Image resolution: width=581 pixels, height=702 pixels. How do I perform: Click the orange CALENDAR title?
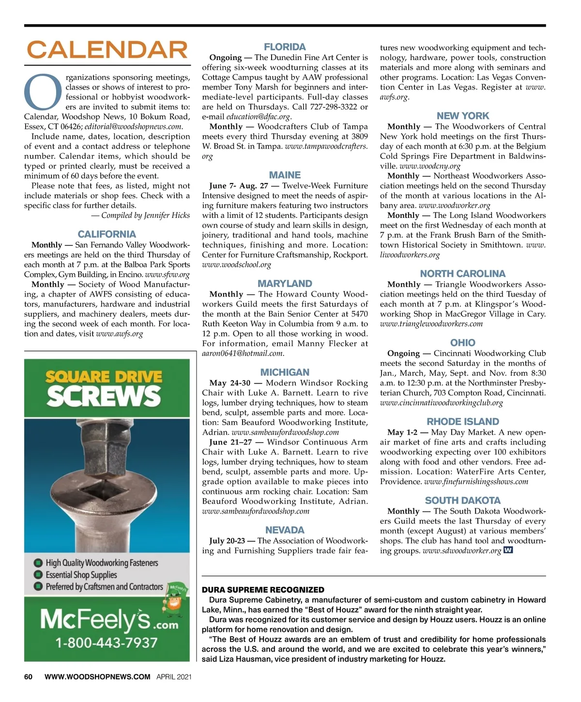tap(107, 50)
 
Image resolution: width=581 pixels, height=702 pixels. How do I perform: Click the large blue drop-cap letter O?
tap(44, 92)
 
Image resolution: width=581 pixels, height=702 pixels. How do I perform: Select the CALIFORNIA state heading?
tap(107, 234)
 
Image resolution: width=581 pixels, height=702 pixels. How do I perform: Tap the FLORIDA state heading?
tap(285, 47)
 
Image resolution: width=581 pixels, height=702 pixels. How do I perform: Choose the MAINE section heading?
tap(285, 175)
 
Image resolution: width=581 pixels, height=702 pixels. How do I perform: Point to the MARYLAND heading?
tap(285, 284)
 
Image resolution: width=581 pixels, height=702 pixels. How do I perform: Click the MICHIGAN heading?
tap(285, 372)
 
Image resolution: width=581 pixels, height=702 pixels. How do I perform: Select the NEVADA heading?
tap(285, 530)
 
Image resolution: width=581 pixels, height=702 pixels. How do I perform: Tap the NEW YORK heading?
tap(463, 116)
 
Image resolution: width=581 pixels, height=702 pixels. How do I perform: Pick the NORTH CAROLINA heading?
tap(463, 274)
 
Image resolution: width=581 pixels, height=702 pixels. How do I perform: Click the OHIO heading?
tap(463, 343)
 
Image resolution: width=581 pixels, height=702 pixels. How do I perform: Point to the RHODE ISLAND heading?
tap(463, 422)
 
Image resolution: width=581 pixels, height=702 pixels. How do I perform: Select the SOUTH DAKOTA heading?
tap(463, 501)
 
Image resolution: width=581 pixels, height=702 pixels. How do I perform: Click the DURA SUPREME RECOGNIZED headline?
tap(263, 590)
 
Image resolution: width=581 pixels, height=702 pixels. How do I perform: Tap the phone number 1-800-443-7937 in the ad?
tap(107, 643)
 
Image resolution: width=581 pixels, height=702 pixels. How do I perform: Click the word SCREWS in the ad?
tap(103, 397)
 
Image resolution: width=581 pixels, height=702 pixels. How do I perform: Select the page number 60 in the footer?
tap(29, 677)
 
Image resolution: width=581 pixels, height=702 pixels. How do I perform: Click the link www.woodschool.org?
tap(236, 265)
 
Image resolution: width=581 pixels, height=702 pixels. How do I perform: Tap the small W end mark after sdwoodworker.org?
tap(508, 550)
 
